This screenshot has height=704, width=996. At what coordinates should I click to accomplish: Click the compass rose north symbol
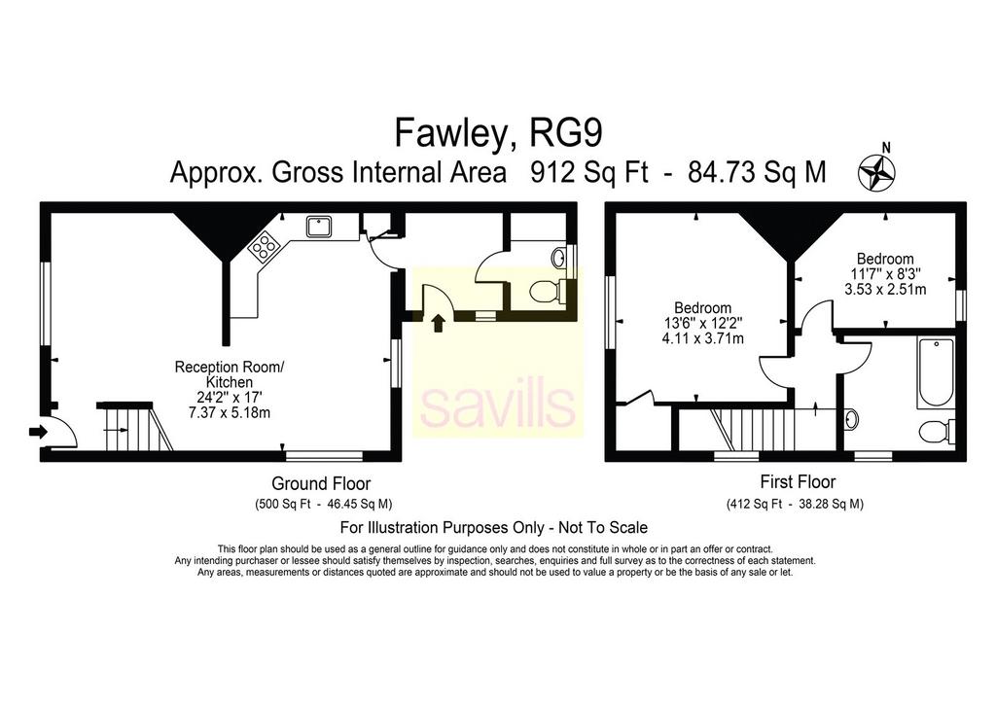pos(876,170)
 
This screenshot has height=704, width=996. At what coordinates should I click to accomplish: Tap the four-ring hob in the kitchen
pos(264,246)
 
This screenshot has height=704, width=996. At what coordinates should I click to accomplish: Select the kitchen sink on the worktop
pos(318,226)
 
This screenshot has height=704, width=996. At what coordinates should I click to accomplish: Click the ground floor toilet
pos(548,292)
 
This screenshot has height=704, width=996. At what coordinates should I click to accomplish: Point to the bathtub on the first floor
pos(936,372)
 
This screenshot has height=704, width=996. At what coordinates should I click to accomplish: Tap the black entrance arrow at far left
pos(38,433)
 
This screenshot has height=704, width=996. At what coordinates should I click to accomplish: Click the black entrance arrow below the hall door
pos(438,323)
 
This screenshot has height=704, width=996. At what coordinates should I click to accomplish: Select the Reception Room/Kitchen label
pos(230,374)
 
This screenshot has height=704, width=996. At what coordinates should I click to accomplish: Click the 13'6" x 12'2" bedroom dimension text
pos(702,323)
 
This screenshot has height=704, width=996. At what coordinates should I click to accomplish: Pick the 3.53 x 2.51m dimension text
pos(885,290)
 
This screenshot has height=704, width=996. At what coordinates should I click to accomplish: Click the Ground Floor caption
pos(321,483)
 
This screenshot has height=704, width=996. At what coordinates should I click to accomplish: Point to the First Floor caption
pos(798,482)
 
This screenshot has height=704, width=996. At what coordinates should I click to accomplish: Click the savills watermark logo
pos(497,406)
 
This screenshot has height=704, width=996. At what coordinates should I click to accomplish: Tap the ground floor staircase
pos(134,426)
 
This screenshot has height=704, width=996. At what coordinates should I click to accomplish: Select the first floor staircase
pos(756,431)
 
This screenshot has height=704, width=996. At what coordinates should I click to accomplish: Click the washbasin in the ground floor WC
pos(559,259)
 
